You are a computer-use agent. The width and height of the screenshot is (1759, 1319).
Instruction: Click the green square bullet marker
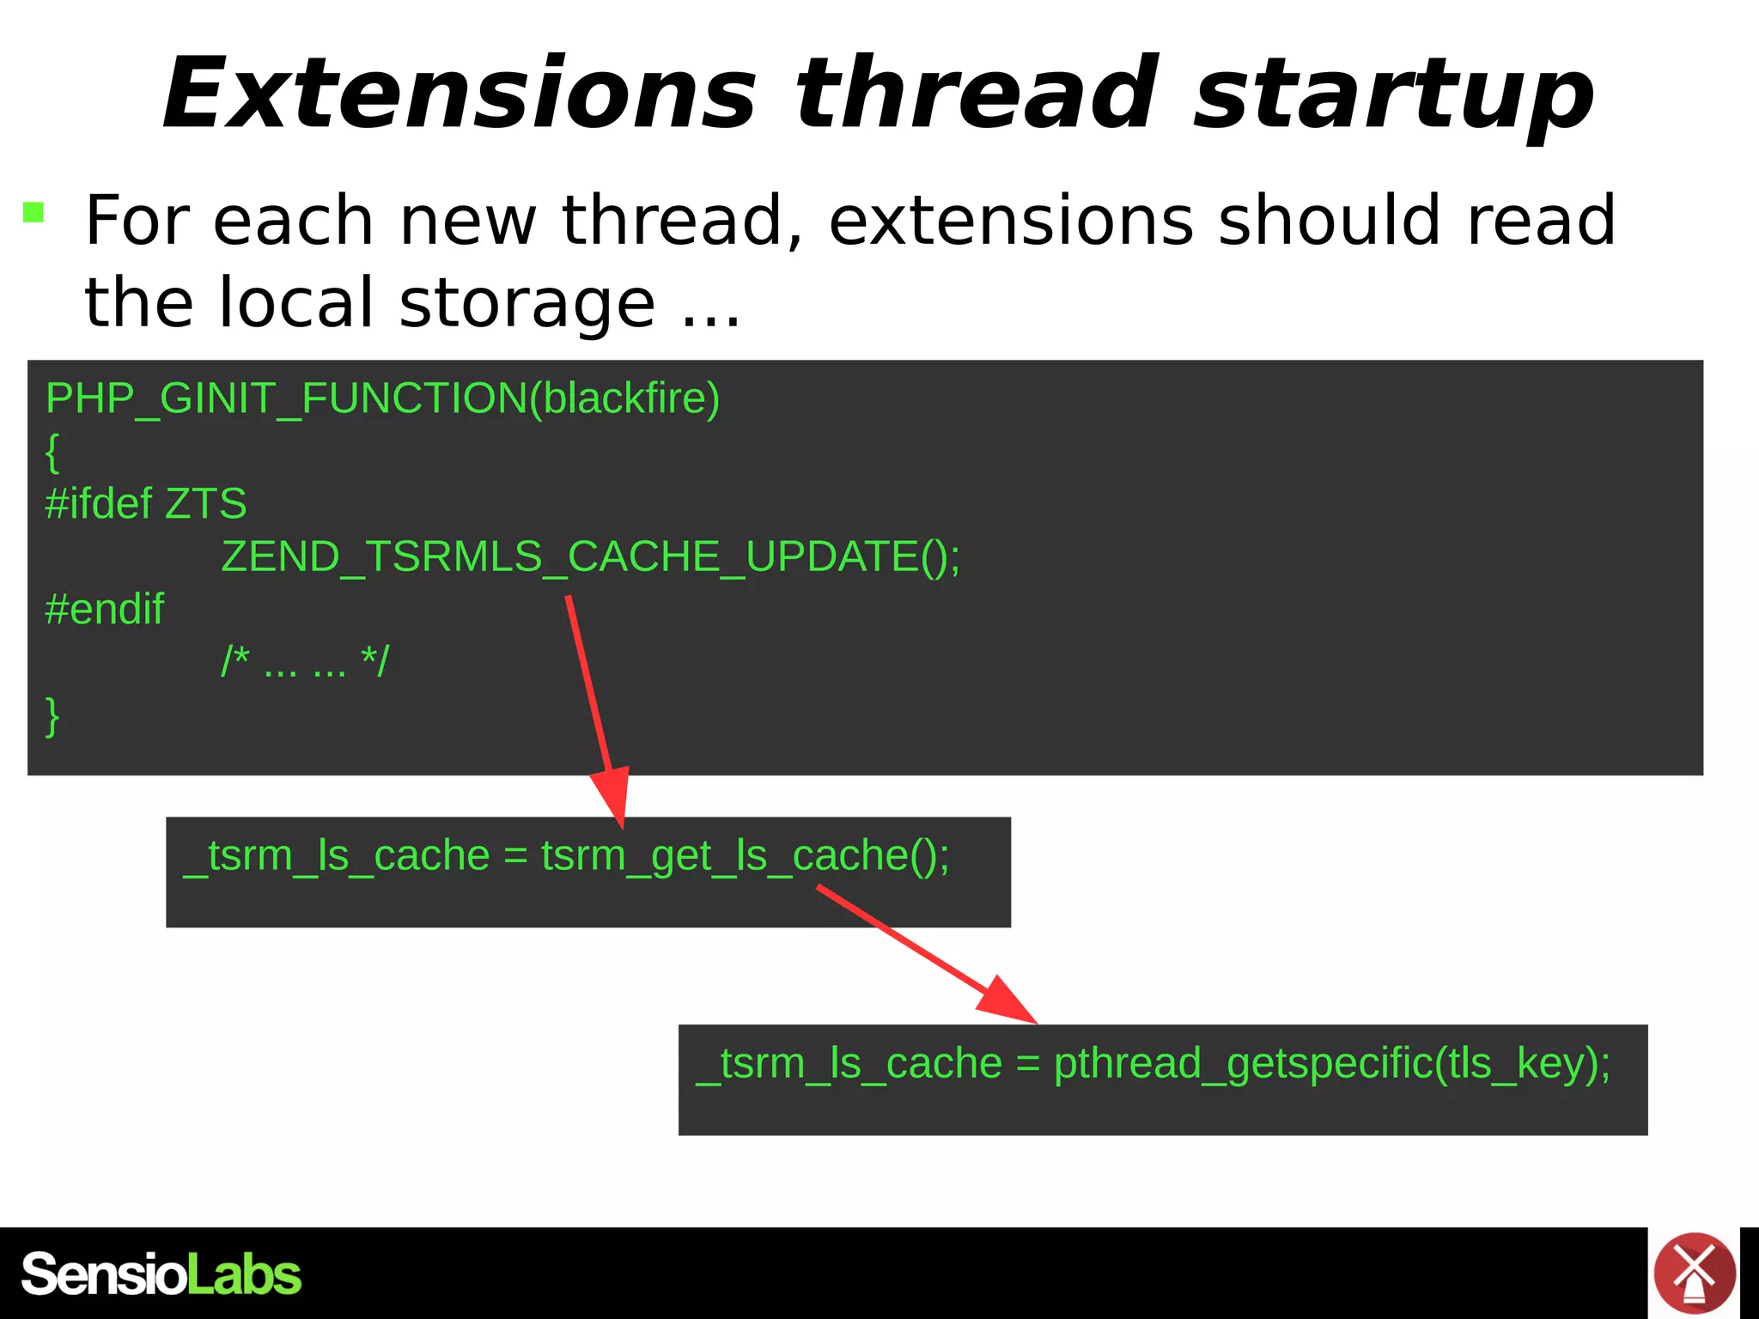click(33, 212)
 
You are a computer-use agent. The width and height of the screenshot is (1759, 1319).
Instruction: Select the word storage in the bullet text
click(526, 303)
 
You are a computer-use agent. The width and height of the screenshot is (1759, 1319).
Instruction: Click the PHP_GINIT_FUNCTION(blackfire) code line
click(382, 398)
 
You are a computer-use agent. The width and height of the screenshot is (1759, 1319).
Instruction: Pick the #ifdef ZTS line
click(145, 503)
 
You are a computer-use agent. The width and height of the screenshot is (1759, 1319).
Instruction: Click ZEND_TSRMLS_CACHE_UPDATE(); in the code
click(591, 556)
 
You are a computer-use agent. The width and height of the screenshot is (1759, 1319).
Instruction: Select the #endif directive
click(104, 609)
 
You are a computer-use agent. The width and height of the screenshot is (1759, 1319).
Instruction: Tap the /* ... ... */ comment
click(305, 661)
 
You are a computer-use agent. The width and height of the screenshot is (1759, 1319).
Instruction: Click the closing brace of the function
click(52, 715)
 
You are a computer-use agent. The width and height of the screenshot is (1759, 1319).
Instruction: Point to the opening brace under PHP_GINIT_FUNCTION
click(52, 452)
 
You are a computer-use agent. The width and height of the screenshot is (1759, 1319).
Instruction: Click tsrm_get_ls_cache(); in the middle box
click(745, 856)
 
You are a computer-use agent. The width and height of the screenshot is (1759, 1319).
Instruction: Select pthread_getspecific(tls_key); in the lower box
click(1331, 1063)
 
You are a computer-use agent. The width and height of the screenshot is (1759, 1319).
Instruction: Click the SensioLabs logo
click(161, 1274)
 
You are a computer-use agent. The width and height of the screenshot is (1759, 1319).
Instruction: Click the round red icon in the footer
click(1694, 1273)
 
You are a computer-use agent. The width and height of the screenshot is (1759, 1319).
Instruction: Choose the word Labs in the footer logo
click(244, 1274)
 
